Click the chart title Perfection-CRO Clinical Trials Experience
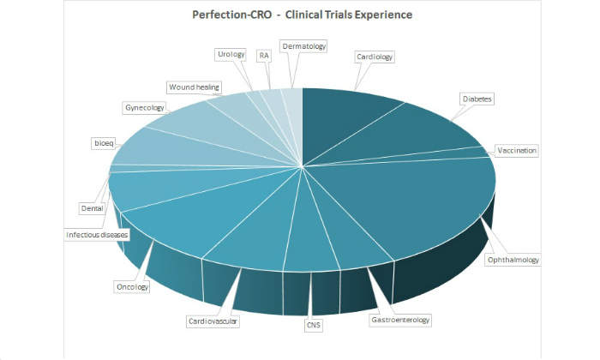(302, 15)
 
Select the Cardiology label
(374, 57)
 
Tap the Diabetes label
(477, 99)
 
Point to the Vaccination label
(517, 150)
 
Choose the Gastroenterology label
(399, 320)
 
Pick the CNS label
(313, 325)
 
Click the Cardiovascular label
(213, 321)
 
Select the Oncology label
(131, 287)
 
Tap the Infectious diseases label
(97, 234)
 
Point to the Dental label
(92, 207)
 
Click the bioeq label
(103, 142)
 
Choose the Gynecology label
(144, 108)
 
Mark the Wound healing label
(194, 87)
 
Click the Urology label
(231, 55)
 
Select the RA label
(264, 55)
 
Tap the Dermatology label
(303, 45)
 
